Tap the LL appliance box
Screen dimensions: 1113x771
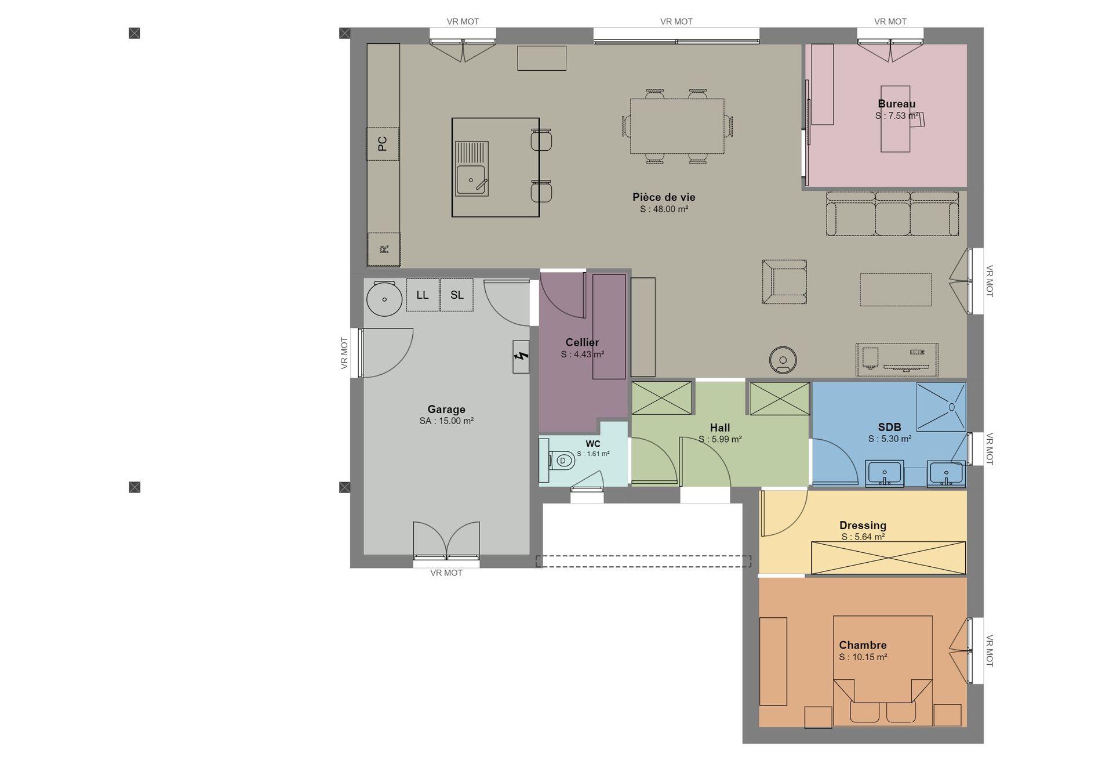tap(423, 295)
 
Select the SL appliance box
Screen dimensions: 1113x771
tap(457, 295)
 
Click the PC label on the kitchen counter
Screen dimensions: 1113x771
tap(383, 144)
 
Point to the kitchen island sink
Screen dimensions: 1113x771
tap(471, 169)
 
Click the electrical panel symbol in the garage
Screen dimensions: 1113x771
tap(521, 357)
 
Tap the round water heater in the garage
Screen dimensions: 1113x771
tap(384, 299)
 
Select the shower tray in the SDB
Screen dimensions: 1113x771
tap(941, 407)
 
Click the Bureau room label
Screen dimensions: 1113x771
tap(897, 104)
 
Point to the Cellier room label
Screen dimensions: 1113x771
tap(583, 342)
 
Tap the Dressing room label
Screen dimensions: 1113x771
tap(863, 525)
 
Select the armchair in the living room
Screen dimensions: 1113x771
tap(784, 282)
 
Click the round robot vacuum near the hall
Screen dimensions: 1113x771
tap(783, 360)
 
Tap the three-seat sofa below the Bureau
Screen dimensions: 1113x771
tap(893, 214)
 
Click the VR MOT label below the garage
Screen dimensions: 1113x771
tap(446, 573)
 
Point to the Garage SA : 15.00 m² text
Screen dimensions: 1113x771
tap(447, 421)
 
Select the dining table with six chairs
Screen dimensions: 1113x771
tap(677, 126)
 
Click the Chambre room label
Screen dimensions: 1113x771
tap(863, 645)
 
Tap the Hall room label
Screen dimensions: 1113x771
tap(720, 428)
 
